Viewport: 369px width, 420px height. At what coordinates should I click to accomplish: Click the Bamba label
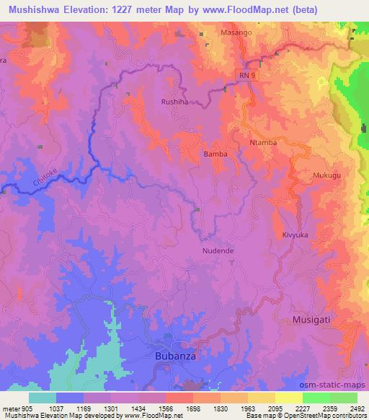(x=215, y=154)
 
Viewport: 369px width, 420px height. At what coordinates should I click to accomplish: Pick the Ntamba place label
(x=263, y=143)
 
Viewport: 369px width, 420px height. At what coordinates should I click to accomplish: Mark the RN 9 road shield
(x=245, y=74)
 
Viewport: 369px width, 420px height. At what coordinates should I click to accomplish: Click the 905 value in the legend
(x=27, y=408)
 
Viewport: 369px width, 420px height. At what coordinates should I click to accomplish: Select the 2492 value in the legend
(x=356, y=408)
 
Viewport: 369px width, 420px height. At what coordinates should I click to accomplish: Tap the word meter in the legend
(x=11, y=408)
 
